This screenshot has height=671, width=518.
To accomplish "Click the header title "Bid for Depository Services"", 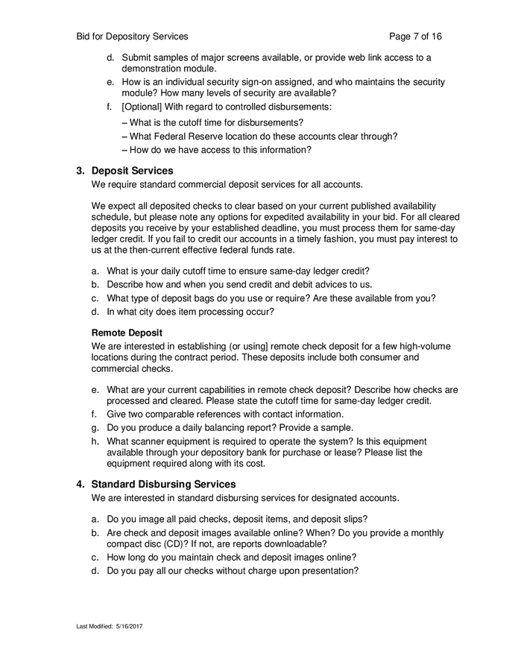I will pyautogui.click(x=132, y=36).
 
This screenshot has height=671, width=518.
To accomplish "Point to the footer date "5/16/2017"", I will pyautogui.click(x=129, y=626).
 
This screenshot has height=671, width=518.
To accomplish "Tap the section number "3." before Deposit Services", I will pyautogui.click(x=81, y=171).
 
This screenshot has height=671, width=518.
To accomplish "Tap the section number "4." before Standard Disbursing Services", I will pyautogui.click(x=81, y=485).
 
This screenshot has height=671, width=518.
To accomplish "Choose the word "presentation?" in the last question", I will pyautogui.click(x=330, y=571).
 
